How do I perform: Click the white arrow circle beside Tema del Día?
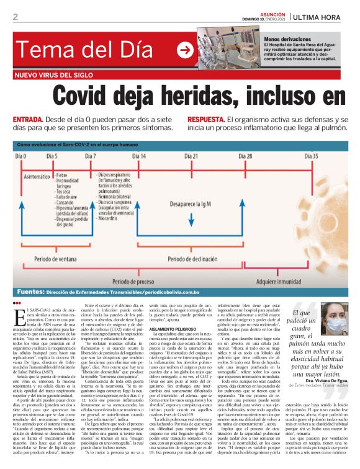pos(184,50)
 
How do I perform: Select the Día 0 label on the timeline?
pos(21,156)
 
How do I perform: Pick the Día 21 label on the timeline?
pos(191,156)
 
